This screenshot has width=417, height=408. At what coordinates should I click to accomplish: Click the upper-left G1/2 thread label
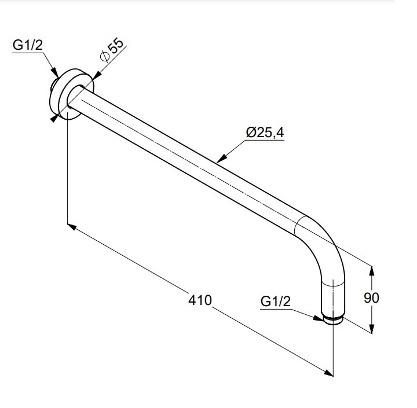pyautogui.click(x=28, y=45)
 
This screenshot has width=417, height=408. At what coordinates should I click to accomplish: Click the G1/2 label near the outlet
pyautogui.click(x=276, y=302)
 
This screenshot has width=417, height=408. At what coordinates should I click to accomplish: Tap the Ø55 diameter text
pyautogui.click(x=112, y=50)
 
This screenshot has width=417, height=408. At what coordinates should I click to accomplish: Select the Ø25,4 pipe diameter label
pyautogui.click(x=265, y=133)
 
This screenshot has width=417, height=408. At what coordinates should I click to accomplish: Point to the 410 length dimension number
pyautogui.click(x=200, y=300)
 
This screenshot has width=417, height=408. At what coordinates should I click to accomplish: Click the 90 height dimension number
pyautogui.click(x=371, y=297)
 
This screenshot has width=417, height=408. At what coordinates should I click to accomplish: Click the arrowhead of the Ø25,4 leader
pyautogui.click(x=221, y=159)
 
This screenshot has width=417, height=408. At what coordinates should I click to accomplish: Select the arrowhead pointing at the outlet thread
pyautogui.click(x=319, y=318)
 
